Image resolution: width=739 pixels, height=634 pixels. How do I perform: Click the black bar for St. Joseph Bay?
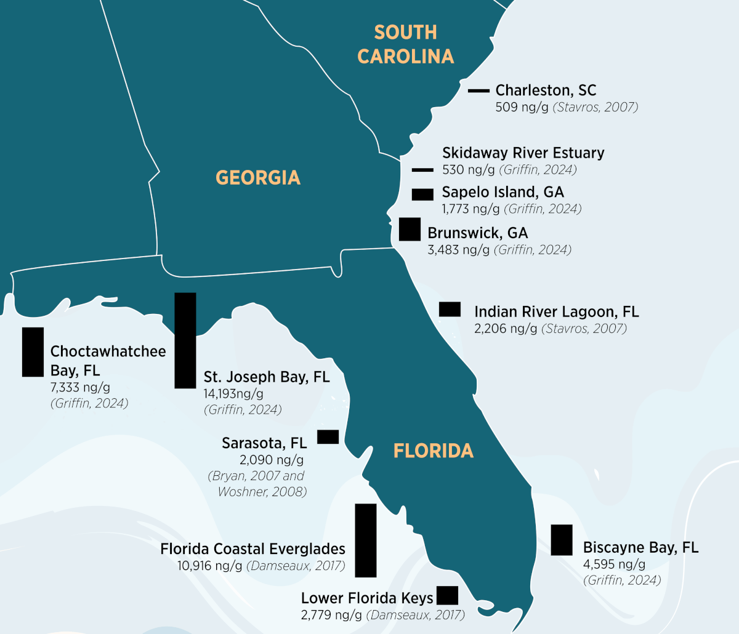[185, 340]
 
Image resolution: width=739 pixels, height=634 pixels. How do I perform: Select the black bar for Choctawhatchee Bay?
[33, 351]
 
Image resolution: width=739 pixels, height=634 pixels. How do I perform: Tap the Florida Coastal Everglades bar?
[365, 540]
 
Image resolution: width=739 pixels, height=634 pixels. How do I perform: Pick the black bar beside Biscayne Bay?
[562, 540]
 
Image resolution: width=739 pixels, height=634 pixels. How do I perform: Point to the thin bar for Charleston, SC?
[479, 91]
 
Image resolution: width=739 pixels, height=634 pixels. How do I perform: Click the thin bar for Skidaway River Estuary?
[422, 170]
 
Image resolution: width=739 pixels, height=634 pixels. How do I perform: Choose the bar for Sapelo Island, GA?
[422, 195]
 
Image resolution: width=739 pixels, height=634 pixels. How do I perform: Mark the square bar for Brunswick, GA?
[410, 229]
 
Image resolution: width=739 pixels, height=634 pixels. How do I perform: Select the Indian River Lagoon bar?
[450, 309]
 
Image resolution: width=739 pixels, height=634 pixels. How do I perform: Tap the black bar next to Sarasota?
[328, 437]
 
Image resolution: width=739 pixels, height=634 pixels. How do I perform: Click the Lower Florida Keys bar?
[447, 595]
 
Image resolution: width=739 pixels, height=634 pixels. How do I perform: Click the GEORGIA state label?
[258, 178]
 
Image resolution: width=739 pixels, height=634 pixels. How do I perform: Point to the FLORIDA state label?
[434, 451]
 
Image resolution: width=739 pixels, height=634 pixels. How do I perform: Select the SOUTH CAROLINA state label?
[406, 44]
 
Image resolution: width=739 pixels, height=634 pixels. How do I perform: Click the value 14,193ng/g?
[233, 394]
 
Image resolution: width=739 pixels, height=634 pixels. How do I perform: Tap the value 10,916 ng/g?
[210, 566]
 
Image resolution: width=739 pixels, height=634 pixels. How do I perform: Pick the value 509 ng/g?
[522, 107]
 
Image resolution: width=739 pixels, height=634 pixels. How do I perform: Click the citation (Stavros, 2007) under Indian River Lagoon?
[584, 329]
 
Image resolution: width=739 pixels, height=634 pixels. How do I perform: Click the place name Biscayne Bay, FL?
[640, 547]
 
